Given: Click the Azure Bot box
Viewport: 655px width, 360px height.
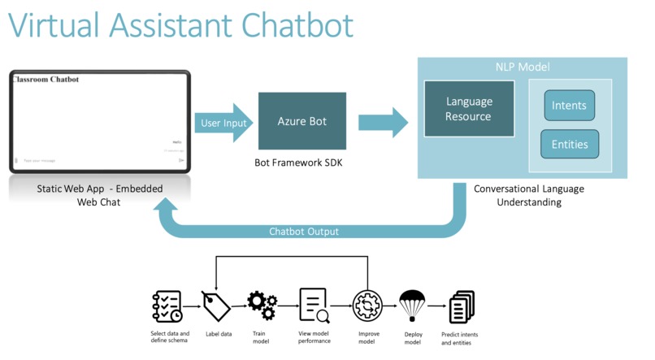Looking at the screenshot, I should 301,121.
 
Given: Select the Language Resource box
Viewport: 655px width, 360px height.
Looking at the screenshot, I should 468,109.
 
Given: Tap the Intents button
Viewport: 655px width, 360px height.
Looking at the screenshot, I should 569,106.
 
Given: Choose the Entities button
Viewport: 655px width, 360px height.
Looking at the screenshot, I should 569,144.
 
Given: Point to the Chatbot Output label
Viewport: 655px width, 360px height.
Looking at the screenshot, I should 304,232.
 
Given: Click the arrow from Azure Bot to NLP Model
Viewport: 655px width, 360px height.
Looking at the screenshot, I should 383,122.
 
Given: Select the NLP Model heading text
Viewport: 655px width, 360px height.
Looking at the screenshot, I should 522,67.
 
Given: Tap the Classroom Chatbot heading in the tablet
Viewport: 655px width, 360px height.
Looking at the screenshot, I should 46,80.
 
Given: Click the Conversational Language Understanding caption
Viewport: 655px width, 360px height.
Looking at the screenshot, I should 529,195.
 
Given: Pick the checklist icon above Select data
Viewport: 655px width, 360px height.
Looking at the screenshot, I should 167,306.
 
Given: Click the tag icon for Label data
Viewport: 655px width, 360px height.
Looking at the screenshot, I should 216,306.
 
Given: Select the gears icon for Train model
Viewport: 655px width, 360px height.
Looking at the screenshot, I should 262,305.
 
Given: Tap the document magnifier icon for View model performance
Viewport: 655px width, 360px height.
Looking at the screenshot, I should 314,306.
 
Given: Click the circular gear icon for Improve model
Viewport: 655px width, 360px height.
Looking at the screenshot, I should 367,306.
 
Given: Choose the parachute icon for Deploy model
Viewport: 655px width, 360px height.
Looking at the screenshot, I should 413,306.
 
